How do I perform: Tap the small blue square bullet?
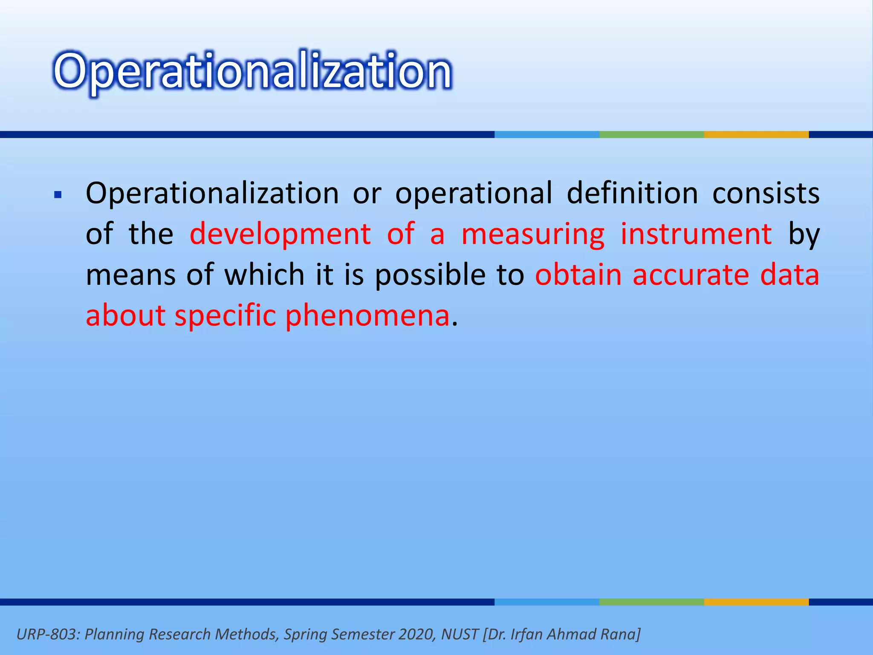[58, 196]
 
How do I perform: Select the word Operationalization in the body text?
[212, 194]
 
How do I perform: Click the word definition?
[632, 193]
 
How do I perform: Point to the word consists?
[766, 194]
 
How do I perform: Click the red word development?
[280, 234]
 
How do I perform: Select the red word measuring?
[533, 235]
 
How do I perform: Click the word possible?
[430, 275]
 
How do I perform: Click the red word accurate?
[691, 275]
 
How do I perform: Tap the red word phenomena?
[367, 316]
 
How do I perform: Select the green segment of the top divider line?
[651, 135]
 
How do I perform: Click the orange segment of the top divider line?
[756, 135]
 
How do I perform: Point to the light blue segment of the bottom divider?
[547, 602]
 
